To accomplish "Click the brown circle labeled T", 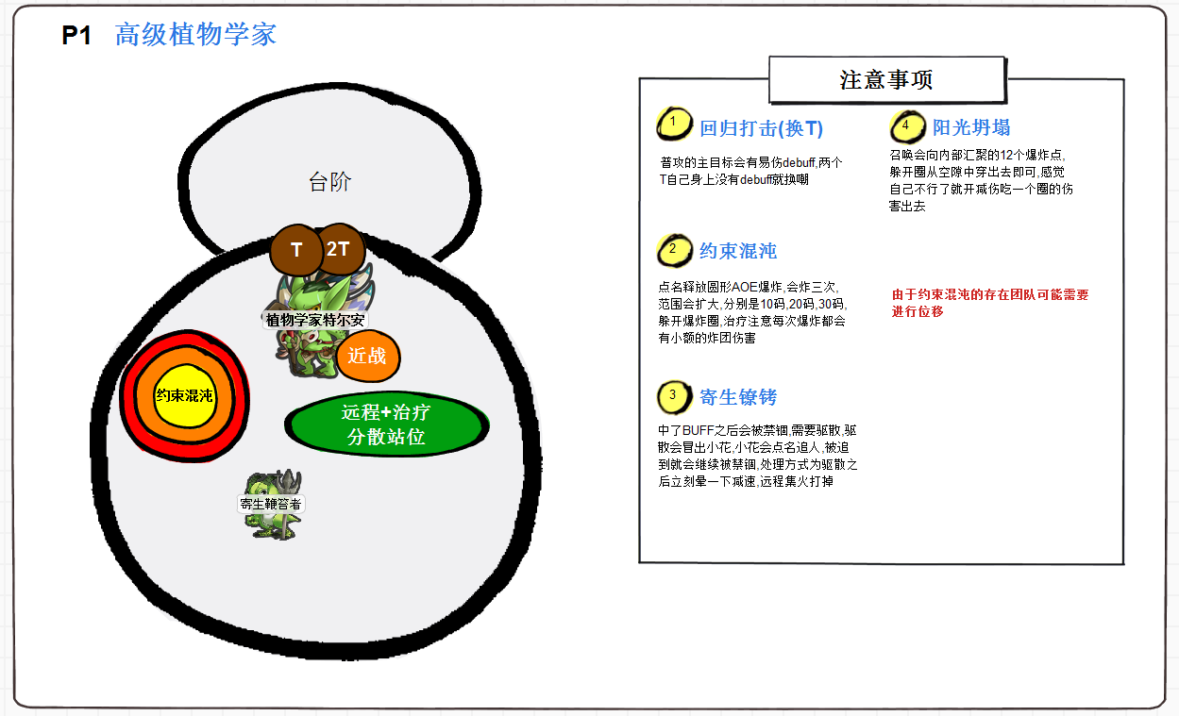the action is point(296,251).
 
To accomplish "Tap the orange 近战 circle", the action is point(367,356).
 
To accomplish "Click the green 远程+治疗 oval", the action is point(386,425).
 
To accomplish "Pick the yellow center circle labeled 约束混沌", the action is point(186,396).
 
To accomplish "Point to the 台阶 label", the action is point(329,182).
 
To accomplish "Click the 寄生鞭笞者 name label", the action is point(271,504).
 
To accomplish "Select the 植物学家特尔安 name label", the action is point(314,320).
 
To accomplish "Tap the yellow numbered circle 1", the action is point(672,123).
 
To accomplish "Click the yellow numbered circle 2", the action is point(672,250).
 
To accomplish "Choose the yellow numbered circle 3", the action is point(672,395).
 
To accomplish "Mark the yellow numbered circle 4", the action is point(906,125).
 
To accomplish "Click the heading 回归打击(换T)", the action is point(761,128).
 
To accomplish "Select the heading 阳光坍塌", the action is point(971,127).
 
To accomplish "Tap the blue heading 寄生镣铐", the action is point(738,397).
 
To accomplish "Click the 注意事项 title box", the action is point(886,80).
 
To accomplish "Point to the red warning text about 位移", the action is point(989,303).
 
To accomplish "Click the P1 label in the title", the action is point(76,36).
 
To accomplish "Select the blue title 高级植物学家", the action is point(195,35).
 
